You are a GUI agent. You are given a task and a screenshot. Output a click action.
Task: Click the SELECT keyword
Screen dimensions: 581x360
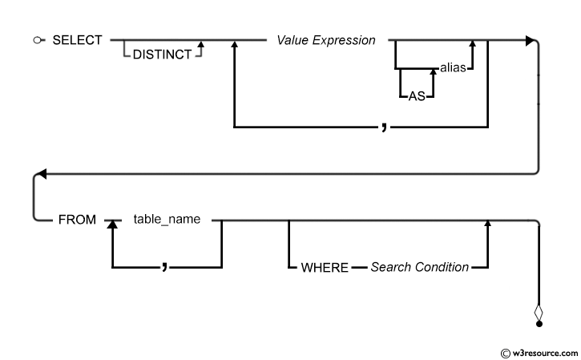coord(77,40)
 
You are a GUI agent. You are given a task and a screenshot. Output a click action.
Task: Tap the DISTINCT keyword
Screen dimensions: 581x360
coord(162,55)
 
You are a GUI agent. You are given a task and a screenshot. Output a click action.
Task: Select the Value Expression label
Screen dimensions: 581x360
coord(326,40)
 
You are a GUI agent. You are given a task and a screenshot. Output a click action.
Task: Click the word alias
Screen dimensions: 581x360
coord(453,67)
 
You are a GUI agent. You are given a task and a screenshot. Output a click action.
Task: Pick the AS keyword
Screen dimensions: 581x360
coord(417,96)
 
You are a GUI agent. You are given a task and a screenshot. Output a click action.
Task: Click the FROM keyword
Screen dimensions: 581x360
coord(77,220)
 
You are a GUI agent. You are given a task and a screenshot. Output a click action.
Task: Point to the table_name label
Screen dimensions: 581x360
coord(167,219)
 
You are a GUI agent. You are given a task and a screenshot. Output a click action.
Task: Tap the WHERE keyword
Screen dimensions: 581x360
coord(325,267)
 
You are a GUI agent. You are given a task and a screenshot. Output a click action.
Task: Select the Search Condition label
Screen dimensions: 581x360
coord(419,267)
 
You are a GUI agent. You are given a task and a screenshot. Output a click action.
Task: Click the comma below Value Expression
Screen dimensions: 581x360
coord(384,127)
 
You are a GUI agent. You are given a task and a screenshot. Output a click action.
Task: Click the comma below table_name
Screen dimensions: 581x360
coord(164,266)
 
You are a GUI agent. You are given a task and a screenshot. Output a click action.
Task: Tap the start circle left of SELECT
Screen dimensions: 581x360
coord(38,40)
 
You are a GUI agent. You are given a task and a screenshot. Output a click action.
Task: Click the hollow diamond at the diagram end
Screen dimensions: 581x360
coord(539,313)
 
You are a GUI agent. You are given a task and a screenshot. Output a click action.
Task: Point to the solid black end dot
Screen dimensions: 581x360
coord(539,324)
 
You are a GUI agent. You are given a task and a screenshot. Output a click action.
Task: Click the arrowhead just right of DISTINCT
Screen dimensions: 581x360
coord(201,44)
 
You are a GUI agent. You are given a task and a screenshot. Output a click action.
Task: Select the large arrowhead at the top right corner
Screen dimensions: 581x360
coord(531,40)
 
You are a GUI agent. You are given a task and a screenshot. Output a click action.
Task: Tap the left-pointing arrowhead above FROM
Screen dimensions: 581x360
coord(42,173)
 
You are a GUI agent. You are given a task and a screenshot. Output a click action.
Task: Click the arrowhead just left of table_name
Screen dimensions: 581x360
coord(112,224)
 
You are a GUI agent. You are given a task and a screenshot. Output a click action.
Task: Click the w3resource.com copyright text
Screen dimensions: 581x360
coord(539,354)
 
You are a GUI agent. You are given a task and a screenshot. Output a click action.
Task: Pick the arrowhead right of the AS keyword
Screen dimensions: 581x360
coord(434,71)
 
